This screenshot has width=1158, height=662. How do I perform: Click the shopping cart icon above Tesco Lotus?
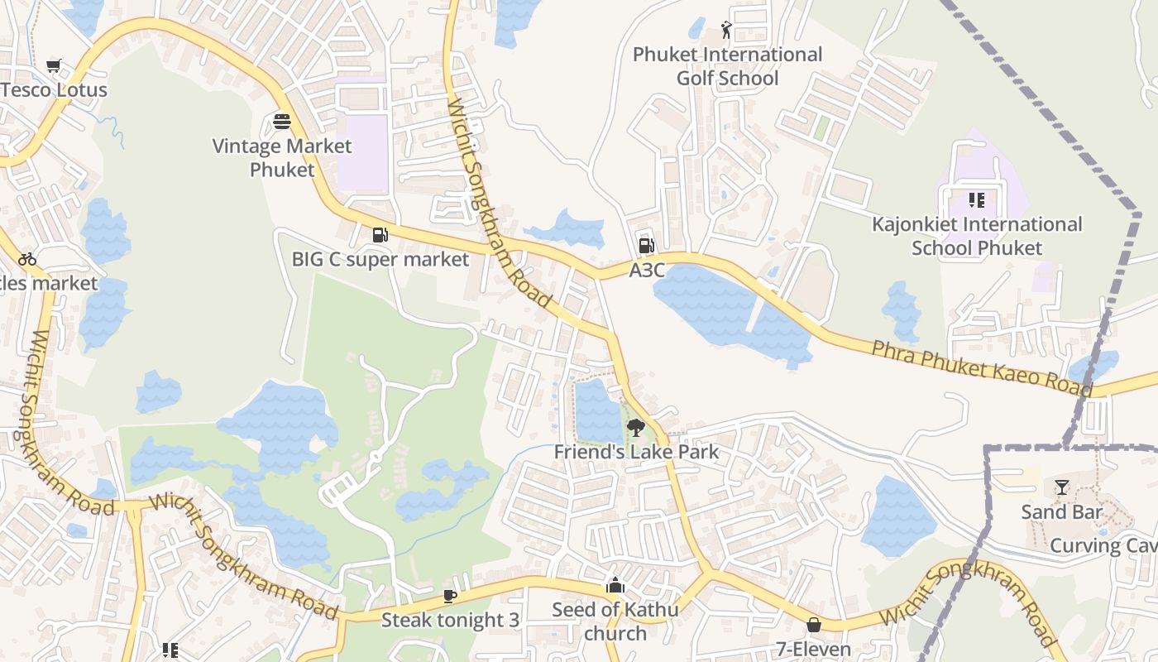[54, 65]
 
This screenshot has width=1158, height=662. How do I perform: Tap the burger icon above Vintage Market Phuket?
[281, 122]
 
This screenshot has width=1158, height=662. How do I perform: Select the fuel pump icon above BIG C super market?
[380, 235]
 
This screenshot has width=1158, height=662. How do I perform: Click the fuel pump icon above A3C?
[646, 246]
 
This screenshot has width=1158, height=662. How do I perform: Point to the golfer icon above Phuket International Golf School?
[726, 31]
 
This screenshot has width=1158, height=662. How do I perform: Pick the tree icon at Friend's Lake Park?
[635, 428]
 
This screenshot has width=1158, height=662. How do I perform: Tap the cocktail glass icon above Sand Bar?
[1062, 487]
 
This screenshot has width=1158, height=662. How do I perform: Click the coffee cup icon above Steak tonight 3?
[449, 596]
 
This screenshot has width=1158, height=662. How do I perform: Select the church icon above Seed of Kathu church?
[615, 586]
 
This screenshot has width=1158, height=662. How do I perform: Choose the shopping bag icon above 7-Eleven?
[813, 625]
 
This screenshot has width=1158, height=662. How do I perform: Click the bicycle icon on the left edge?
[27, 259]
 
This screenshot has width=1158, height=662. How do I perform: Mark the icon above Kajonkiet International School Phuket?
[976, 200]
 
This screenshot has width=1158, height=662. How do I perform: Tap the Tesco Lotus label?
[55, 89]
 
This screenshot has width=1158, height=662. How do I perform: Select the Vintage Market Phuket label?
[282, 158]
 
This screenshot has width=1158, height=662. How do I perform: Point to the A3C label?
[647, 271]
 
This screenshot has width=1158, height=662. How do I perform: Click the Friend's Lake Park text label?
[636, 452]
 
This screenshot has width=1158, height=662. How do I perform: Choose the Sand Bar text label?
[1062, 511]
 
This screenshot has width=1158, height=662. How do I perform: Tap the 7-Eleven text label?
[813, 649]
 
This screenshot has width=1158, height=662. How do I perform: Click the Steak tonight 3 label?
[450, 620]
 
